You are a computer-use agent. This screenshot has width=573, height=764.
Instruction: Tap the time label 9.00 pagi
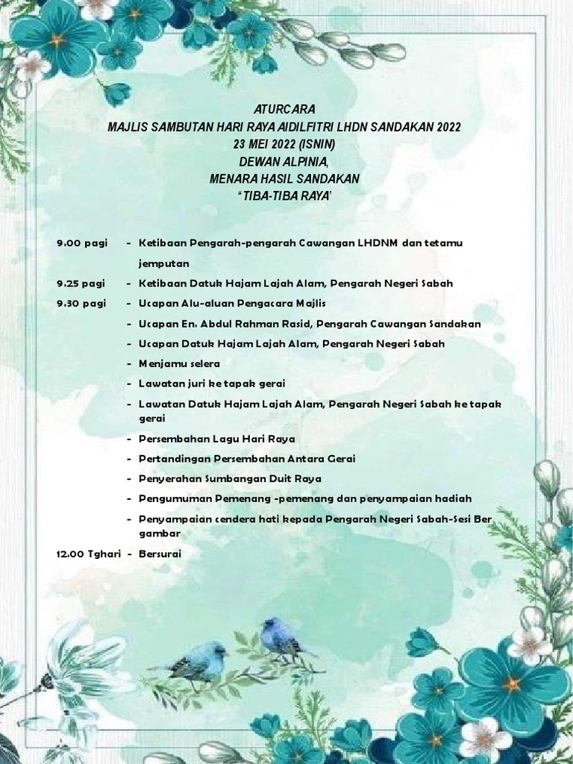tap(81, 243)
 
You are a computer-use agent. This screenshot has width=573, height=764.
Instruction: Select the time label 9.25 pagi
tap(81, 284)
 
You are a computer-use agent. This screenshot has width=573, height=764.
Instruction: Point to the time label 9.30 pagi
tap(81, 304)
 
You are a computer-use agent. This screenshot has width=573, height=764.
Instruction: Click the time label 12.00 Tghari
tap(89, 554)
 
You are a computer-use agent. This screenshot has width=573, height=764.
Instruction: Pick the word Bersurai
tap(160, 554)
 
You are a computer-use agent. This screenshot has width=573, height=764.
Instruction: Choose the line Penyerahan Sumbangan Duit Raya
tap(229, 478)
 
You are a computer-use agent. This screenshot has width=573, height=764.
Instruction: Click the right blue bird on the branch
tap(280, 636)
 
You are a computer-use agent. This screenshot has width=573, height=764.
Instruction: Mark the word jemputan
tap(163, 263)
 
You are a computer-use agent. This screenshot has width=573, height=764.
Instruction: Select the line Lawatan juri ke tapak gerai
tap(211, 383)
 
